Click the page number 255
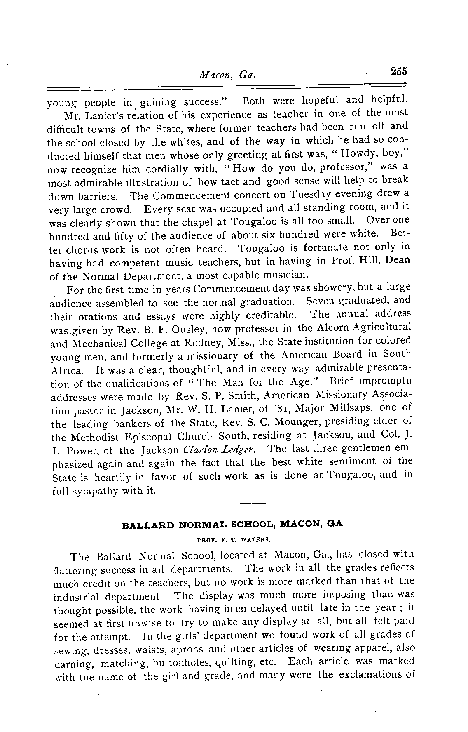399,71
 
